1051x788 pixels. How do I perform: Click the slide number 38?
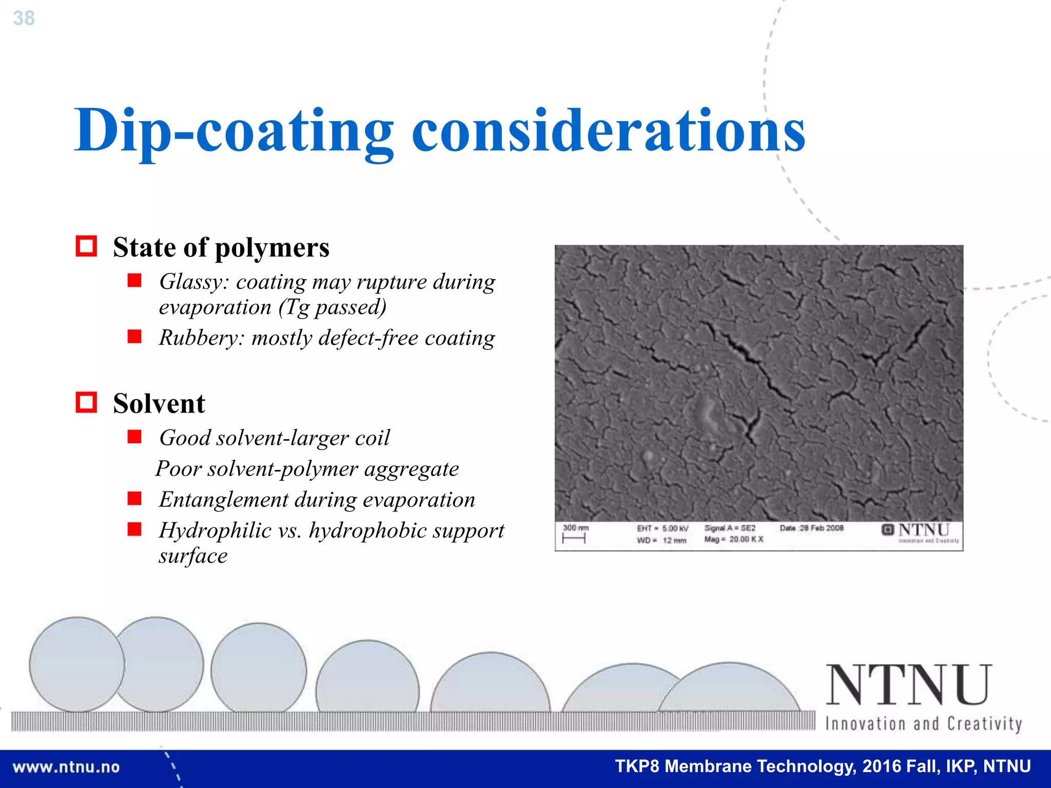[24, 18]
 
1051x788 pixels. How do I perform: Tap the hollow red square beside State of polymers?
[86, 246]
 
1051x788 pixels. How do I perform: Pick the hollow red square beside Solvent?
[86, 402]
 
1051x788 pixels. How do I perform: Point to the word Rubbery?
[202, 338]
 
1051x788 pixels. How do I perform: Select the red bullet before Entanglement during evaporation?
[134, 499]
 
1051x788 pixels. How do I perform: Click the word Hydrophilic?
[215, 530]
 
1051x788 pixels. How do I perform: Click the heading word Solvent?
[159, 404]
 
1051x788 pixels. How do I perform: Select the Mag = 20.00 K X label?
[734, 539]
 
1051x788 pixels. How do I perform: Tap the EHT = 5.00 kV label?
[663, 528]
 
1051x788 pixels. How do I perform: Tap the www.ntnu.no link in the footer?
[66, 767]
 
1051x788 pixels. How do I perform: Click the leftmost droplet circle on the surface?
[77, 664]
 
